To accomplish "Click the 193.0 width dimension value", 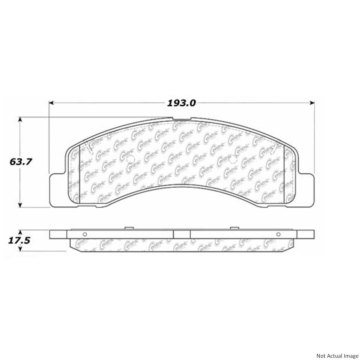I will click(x=181, y=103).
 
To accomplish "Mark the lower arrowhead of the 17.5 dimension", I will click(x=20, y=249).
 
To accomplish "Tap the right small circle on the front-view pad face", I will click(x=232, y=160).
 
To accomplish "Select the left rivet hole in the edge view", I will click(x=84, y=234).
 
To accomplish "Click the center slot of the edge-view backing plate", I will click(x=182, y=234).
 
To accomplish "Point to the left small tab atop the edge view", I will click(x=129, y=228).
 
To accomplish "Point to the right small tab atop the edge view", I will click(x=234, y=228).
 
